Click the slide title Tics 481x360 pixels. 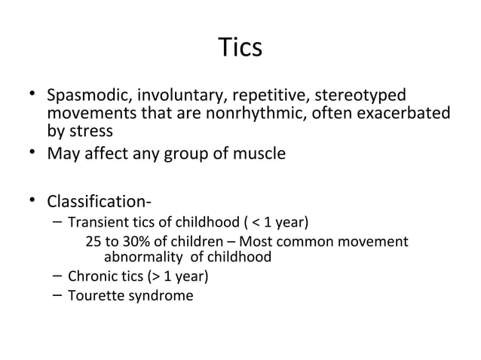[240, 47]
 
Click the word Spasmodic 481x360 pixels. [87, 97]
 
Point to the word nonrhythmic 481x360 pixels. [261, 114]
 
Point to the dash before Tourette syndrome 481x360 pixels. [58, 294]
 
